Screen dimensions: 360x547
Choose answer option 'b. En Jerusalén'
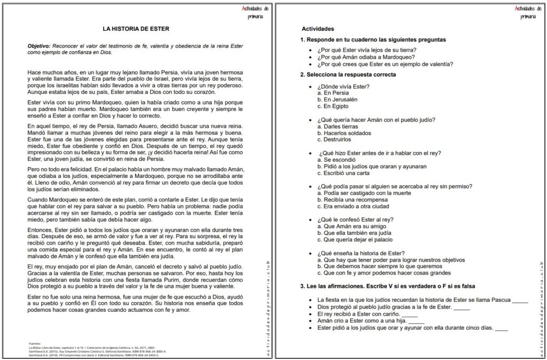tap(337, 99)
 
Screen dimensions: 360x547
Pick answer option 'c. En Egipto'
tap(332, 106)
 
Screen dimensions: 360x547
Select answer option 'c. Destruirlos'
tap(334, 139)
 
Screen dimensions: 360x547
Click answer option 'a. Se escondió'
tap(335, 160)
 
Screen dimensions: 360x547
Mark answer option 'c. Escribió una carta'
tap(345, 173)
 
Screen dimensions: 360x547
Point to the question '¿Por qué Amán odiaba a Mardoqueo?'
tap(366, 57)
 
